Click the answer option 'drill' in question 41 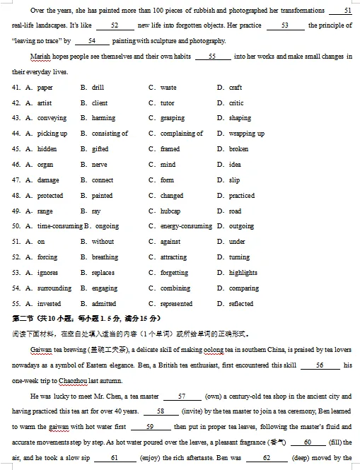pos(97,88)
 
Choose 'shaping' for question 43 pos(240,119)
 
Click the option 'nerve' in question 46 pos(99,165)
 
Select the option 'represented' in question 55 pos(176,304)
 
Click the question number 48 pos(16,196)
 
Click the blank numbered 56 pos(319,365)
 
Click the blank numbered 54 pos(92,41)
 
